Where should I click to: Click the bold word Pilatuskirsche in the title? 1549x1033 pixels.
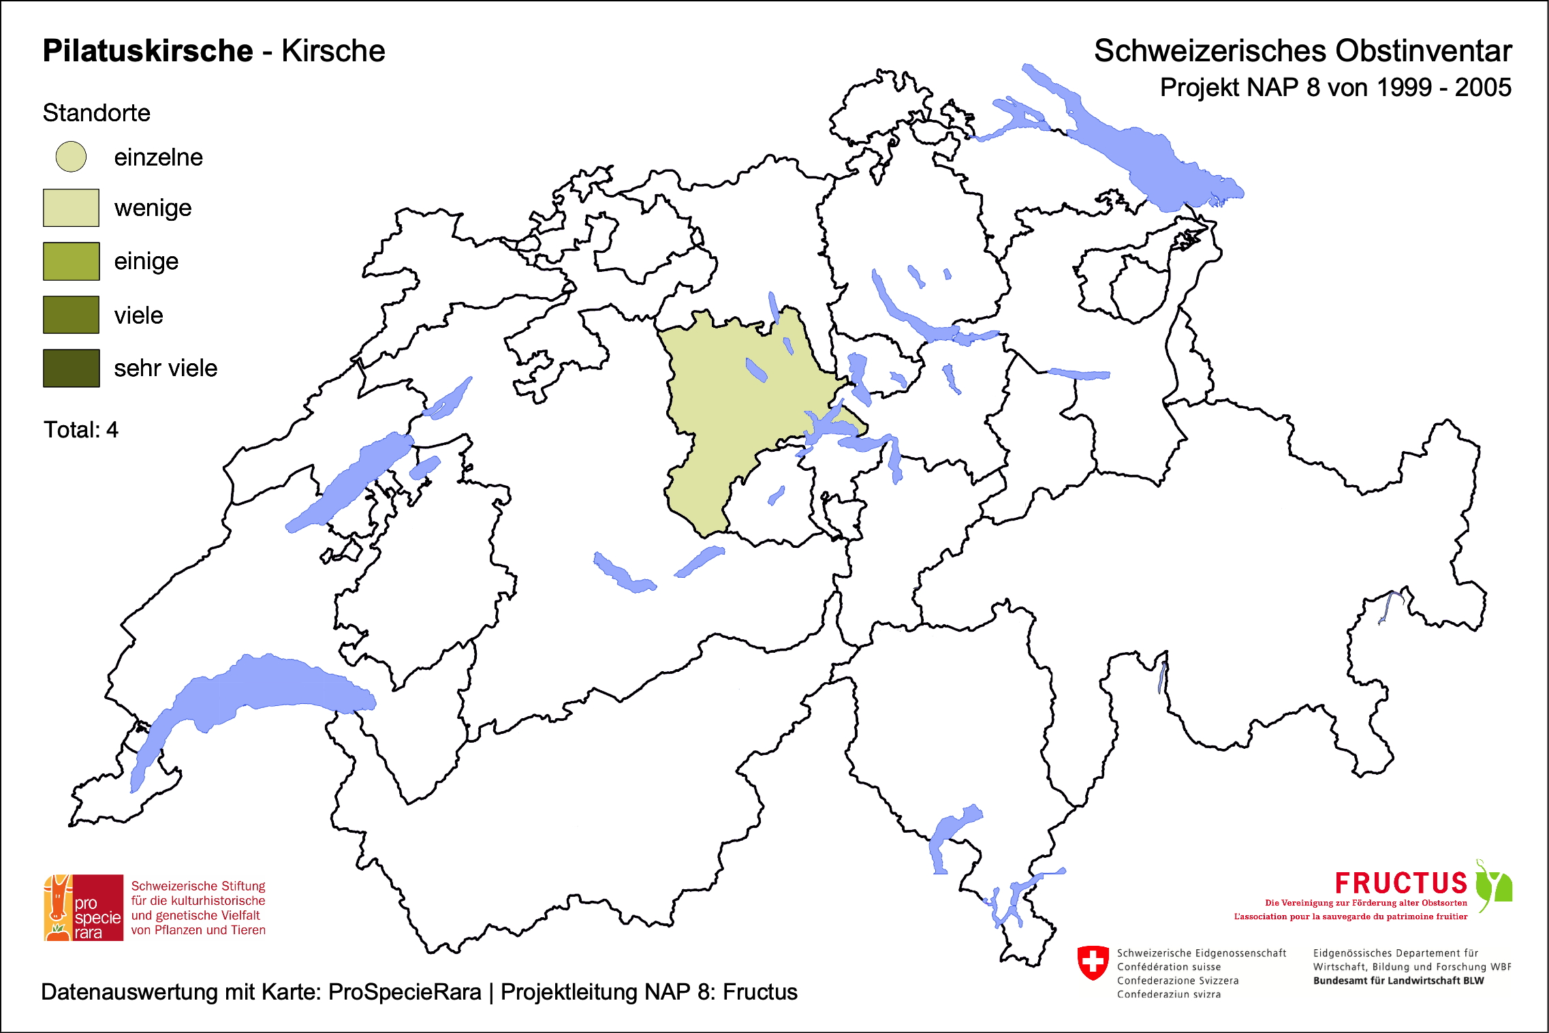tap(148, 51)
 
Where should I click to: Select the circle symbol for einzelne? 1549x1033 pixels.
tap(71, 157)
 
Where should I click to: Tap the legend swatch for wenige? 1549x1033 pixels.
tap(71, 208)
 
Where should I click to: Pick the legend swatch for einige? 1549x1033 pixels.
tap(71, 261)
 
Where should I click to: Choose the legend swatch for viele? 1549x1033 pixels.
tap(71, 315)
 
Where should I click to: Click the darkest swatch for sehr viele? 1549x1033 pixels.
tap(71, 368)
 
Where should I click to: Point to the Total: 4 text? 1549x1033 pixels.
tap(81, 430)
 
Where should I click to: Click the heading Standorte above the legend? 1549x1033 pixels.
tap(96, 113)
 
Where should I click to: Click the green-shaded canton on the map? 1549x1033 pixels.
tap(722, 402)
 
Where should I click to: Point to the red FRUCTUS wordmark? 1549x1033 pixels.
tap(1401, 883)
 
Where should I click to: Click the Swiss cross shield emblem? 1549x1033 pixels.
tap(1093, 962)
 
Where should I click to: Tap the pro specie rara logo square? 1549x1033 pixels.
tap(84, 908)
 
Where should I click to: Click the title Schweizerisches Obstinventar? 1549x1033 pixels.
tap(1302, 51)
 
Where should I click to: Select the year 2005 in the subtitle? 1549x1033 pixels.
tap(1483, 88)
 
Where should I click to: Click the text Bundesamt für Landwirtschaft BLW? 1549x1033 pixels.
tap(1398, 981)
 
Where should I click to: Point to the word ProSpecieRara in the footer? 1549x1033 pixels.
tap(405, 992)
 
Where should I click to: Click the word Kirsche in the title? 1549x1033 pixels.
tap(333, 51)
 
